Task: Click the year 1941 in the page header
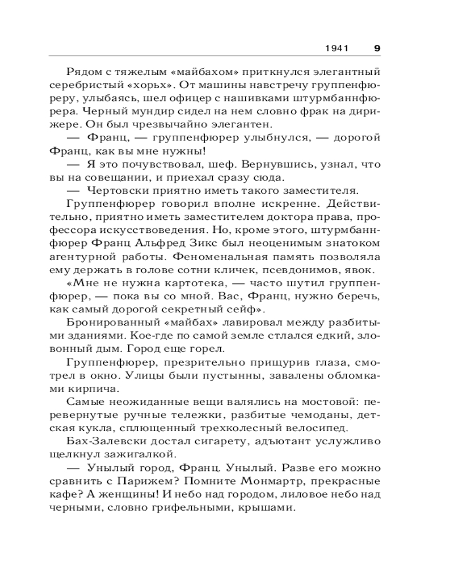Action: tap(337, 48)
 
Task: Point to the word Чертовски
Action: tap(117, 190)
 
